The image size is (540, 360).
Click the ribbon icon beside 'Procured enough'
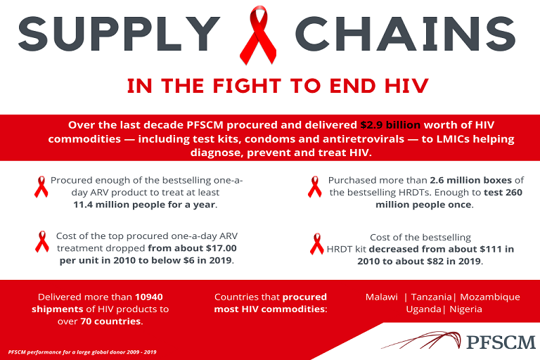pos(41,187)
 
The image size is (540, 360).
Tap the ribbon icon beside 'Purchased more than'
pos(314,187)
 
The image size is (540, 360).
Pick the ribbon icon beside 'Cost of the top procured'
pos(42,242)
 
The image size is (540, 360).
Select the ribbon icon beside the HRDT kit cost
pos(317,244)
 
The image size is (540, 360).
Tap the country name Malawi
pos(382,297)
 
